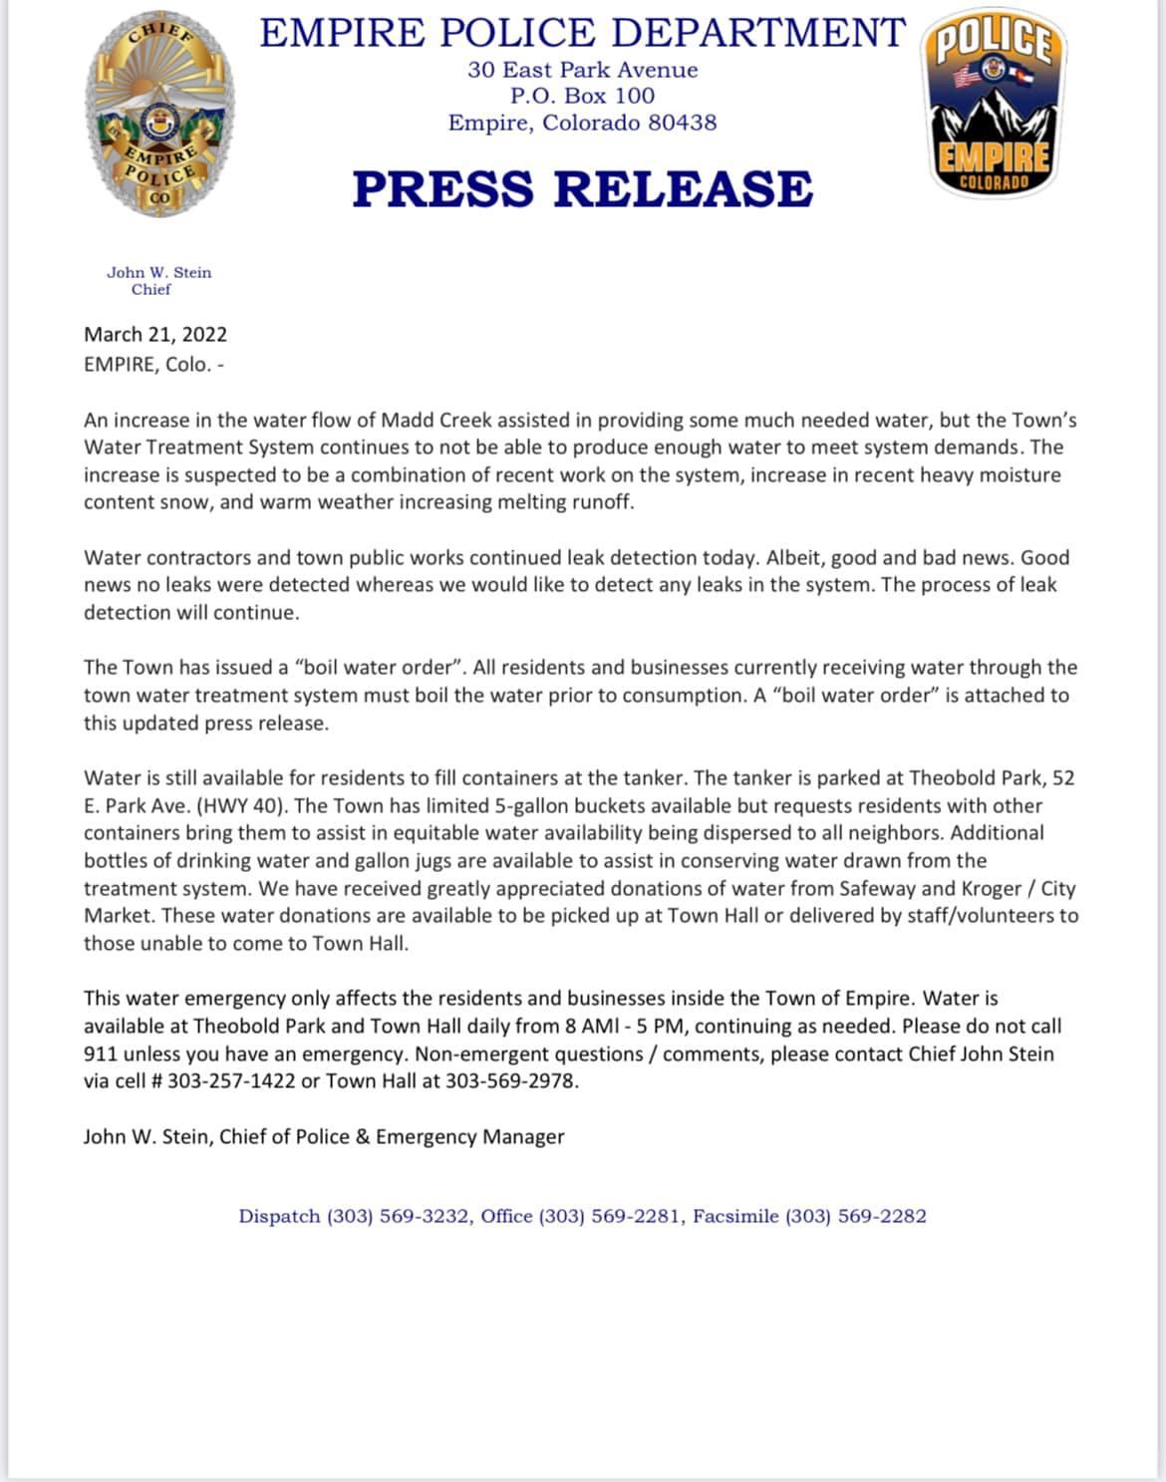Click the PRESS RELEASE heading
click(583, 188)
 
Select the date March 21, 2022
click(155, 334)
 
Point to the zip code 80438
click(683, 123)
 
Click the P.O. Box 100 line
click(582, 96)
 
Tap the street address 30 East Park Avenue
click(582, 70)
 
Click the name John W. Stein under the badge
click(159, 272)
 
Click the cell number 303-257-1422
click(231, 1081)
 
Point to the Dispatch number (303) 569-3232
click(399, 1216)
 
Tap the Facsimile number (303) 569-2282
click(855, 1216)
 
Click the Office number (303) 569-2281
click(610, 1216)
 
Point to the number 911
click(100, 1053)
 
